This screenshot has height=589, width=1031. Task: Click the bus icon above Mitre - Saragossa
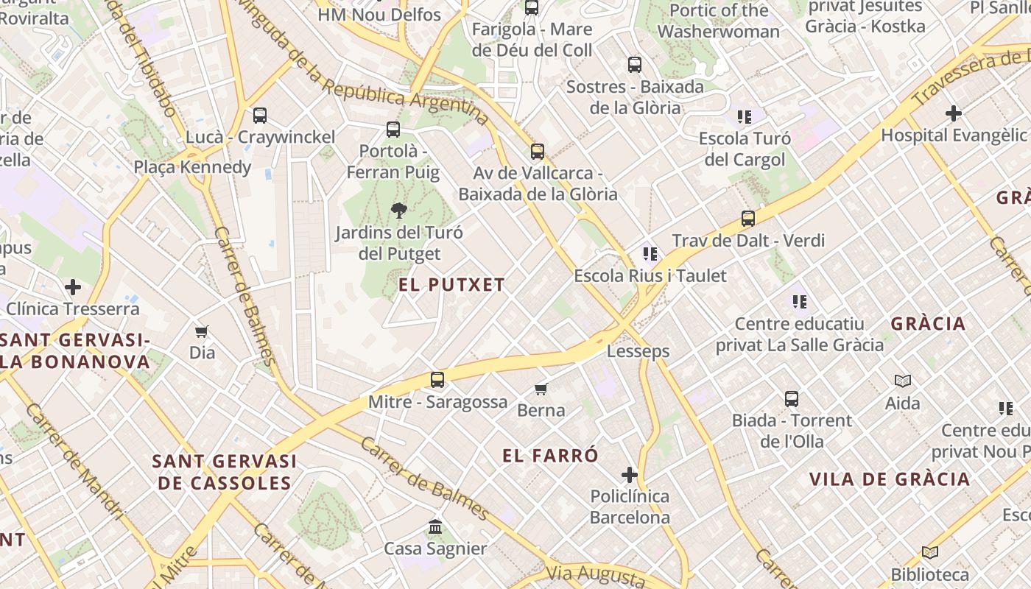click(x=437, y=380)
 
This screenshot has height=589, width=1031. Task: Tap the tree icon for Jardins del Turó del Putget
click(x=398, y=211)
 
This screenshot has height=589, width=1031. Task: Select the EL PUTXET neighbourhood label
click(x=452, y=285)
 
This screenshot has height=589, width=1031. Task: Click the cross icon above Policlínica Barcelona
click(x=629, y=474)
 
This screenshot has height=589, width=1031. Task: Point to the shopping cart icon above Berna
click(x=541, y=389)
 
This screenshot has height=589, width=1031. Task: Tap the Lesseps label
click(x=638, y=351)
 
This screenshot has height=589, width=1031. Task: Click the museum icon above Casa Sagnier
click(x=435, y=527)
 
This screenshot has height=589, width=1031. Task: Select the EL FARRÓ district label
click(x=550, y=456)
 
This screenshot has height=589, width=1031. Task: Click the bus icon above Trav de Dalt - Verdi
click(x=748, y=219)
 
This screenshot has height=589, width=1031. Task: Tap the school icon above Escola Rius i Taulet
click(x=650, y=254)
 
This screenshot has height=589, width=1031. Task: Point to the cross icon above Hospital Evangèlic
click(x=953, y=113)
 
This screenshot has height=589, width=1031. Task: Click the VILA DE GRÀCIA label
click(x=890, y=479)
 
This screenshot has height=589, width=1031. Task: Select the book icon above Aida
click(x=903, y=381)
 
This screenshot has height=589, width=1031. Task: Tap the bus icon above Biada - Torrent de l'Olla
click(x=792, y=399)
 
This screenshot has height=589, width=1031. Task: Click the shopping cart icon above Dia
click(x=202, y=331)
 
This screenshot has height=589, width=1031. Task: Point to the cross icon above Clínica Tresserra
click(x=72, y=286)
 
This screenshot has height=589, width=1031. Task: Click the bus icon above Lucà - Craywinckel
click(x=260, y=116)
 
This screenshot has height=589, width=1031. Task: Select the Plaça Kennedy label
click(x=192, y=167)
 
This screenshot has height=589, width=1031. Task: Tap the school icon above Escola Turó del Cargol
click(x=745, y=116)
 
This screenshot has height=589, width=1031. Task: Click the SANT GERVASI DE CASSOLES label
click(x=225, y=472)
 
